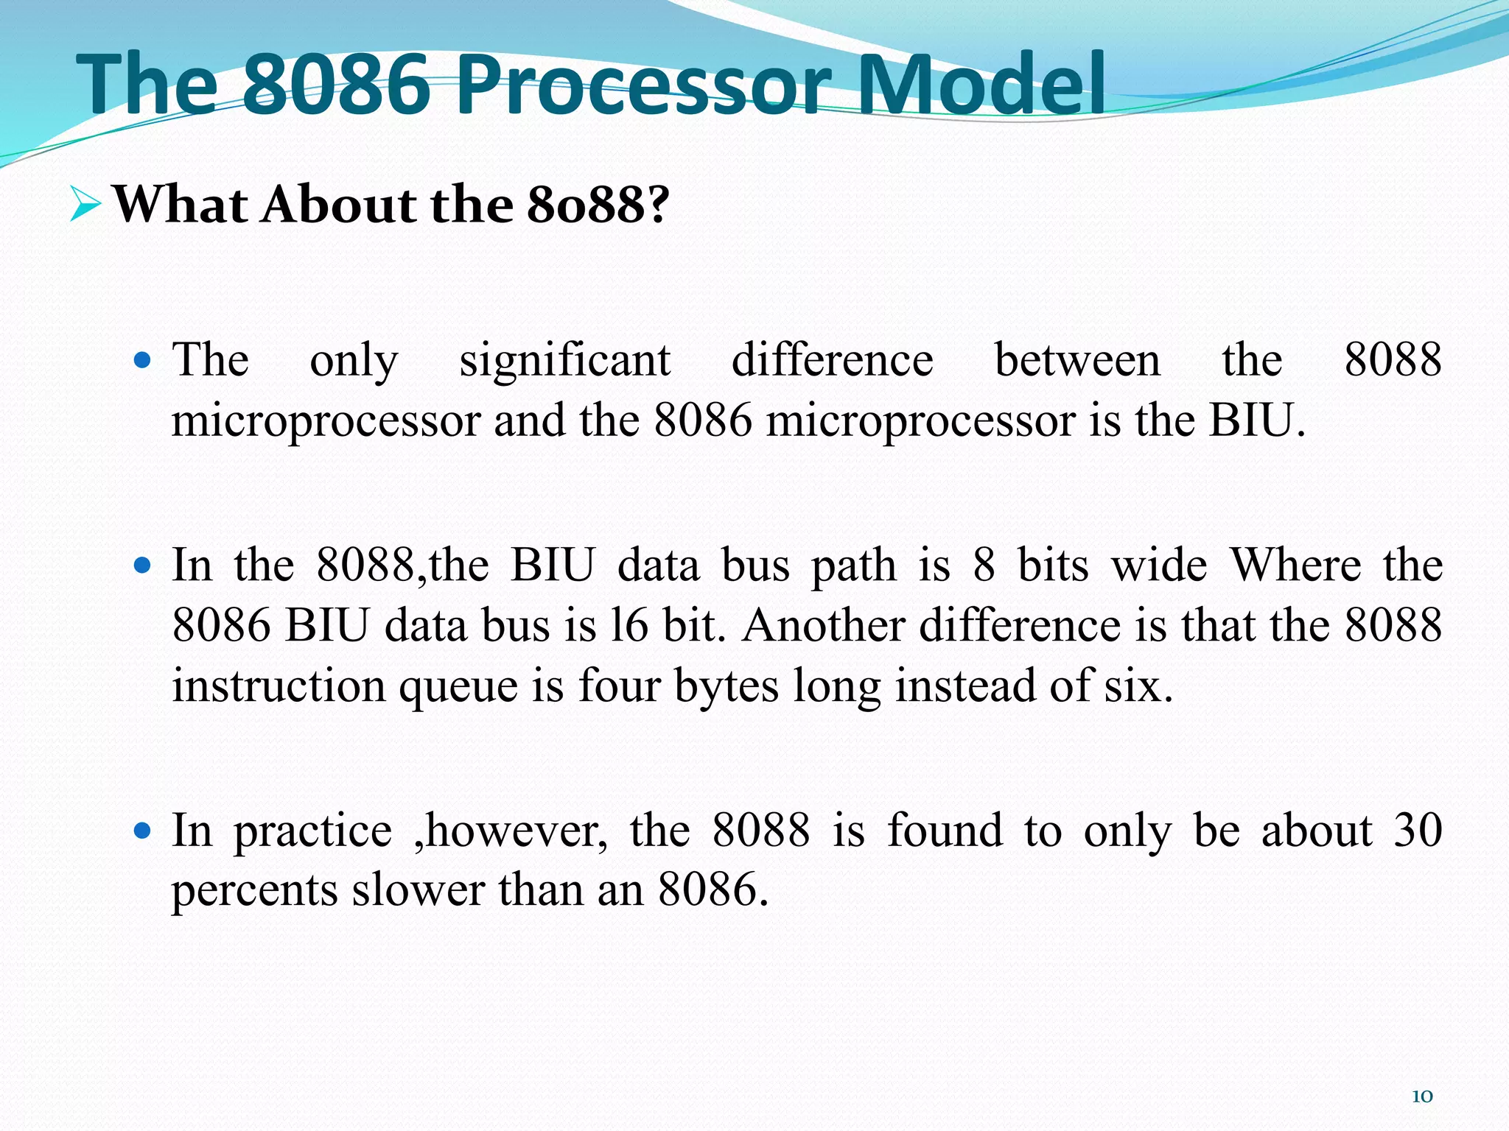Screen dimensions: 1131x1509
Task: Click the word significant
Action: click(564, 361)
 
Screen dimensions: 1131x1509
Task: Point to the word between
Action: click(1077, 361)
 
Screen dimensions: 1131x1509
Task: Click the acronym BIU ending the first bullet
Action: click(1252, 421)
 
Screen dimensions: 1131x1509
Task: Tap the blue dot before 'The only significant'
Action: click(143, 362)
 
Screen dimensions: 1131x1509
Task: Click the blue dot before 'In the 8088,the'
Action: click(143, 566)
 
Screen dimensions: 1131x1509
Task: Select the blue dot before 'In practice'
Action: click(143, 831)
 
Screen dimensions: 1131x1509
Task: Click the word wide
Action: click(1159, 566)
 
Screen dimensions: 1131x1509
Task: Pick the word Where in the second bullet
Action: click(1296, 566)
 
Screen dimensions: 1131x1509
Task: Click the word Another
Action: click(823, 626)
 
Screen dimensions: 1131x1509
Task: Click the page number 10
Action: click(1422, 1096)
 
